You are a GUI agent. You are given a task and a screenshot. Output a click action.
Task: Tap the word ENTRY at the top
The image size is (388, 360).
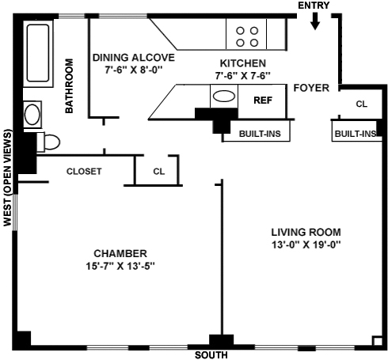click(x=314, y=6)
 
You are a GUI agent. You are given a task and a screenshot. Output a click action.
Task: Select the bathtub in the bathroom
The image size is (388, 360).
click(x=38, y=53)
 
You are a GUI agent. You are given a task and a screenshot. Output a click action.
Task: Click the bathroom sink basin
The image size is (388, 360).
click(x=32, y=115)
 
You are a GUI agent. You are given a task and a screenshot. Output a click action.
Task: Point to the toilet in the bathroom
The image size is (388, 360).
click(x=48, y=142)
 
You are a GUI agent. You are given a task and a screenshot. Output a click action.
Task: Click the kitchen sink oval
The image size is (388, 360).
click(x=224, y=96)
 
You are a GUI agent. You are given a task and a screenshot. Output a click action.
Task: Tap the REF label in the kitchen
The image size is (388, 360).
click(x=263, y=100)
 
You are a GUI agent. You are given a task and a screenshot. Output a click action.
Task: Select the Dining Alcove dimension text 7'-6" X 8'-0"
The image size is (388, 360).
click(x=134, y=70)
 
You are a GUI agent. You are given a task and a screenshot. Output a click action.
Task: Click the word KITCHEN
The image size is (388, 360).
click(x=243, y=63)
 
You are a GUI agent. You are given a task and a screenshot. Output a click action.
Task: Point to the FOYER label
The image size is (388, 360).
click(x=311, y=88)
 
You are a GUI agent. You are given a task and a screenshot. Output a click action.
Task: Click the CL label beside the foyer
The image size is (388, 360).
click(x=362, y=104)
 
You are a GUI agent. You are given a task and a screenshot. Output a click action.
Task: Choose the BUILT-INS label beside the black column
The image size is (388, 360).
click(x=260, y=134)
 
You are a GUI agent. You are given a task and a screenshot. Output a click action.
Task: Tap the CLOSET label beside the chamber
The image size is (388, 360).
click(x=84, y=172)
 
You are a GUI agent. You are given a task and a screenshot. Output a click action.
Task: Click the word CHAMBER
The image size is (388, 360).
click(x=120, y=253)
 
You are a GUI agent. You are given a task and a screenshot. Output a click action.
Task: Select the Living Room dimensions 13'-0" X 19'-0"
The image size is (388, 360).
click(x=306, y=244)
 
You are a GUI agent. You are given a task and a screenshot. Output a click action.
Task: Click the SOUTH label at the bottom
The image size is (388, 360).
click(x=211, y=355)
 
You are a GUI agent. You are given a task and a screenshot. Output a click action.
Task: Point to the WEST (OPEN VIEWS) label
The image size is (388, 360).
click(x=8, y=178)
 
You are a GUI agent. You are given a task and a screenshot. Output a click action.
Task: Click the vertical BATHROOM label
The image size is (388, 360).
click(x=69, y=86)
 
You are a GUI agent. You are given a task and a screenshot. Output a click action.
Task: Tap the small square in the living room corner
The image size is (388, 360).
click(x=377, y=341)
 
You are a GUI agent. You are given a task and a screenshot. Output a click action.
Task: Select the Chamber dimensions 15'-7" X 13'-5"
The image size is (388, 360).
click(x=120, y=266)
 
